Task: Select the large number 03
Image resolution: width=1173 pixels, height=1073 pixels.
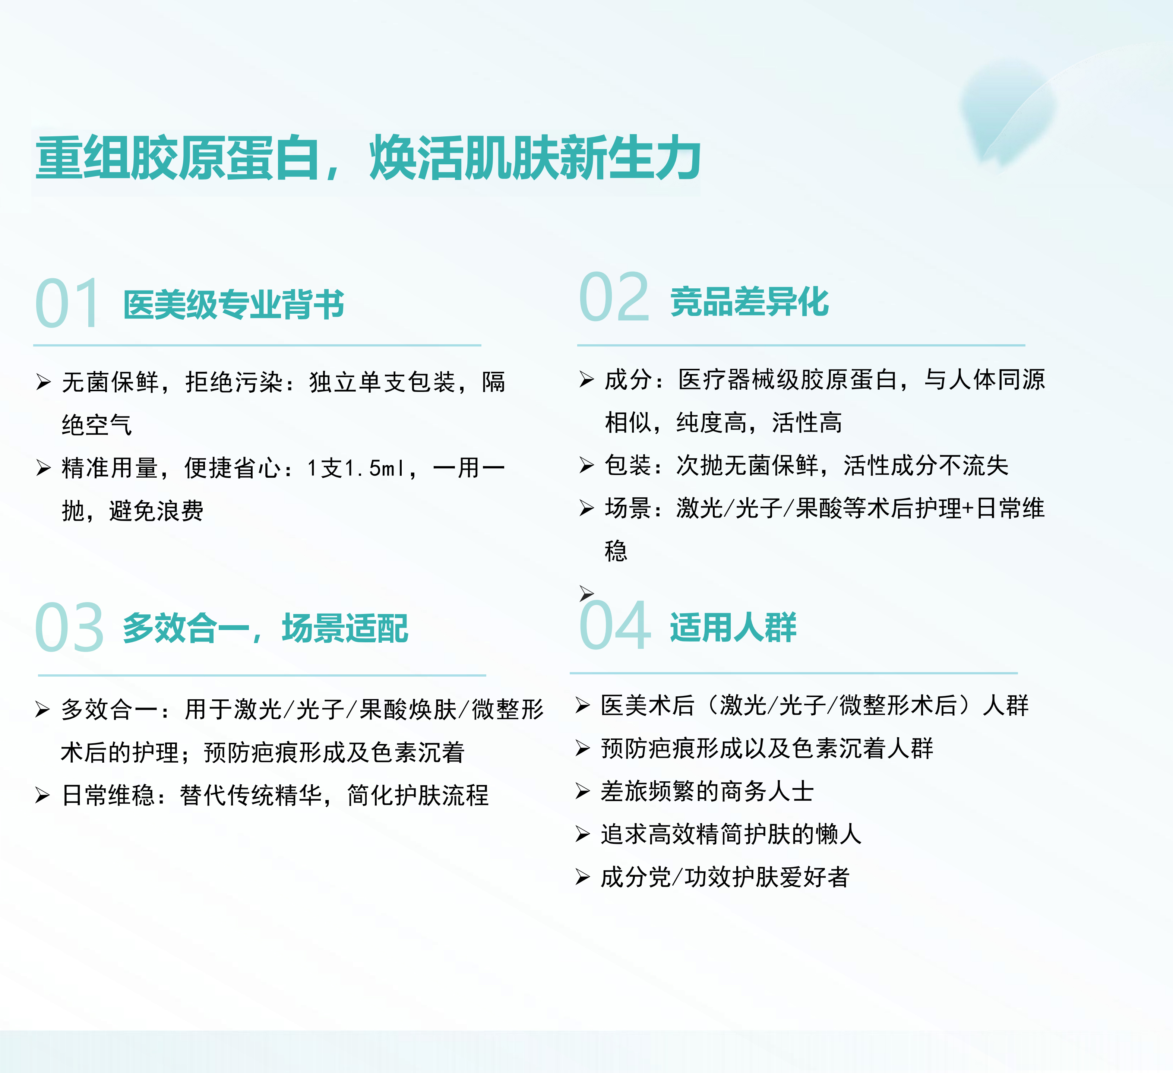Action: [x=69, y=628]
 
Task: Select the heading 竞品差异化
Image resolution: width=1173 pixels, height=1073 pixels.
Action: [x=749, y=302]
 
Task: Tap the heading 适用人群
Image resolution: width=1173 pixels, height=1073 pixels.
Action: [x=733, y=627]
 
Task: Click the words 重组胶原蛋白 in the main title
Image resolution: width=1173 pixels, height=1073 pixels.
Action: [x=177, y=158]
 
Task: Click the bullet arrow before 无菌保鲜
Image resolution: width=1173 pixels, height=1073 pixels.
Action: [x=43, y=382]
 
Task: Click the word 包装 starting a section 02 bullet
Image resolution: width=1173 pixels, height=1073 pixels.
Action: [x=628, y=465]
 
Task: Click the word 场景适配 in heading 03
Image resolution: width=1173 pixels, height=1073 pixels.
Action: [x=345, y=629]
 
